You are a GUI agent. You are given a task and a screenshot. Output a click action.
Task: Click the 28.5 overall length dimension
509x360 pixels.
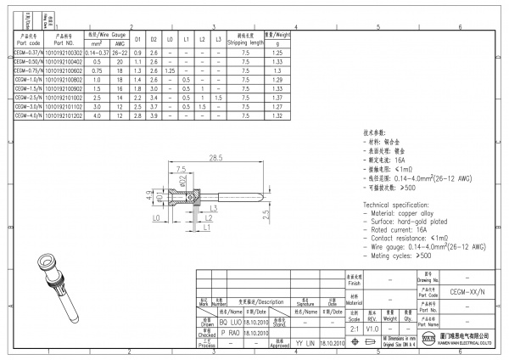(215, 158)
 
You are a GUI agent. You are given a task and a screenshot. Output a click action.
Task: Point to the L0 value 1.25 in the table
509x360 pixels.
(170, 71)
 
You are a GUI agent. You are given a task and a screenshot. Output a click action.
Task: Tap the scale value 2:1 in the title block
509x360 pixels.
(355, 328)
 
